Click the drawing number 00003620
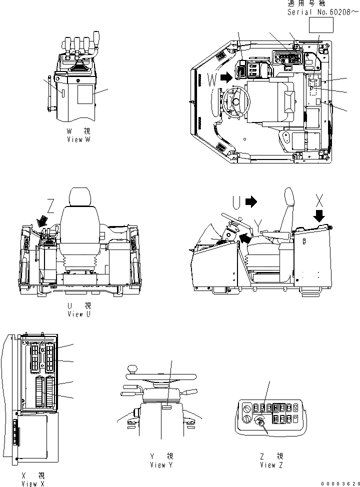(340, 483)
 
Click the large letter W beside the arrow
(212, 79)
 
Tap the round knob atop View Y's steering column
(133, 369)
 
